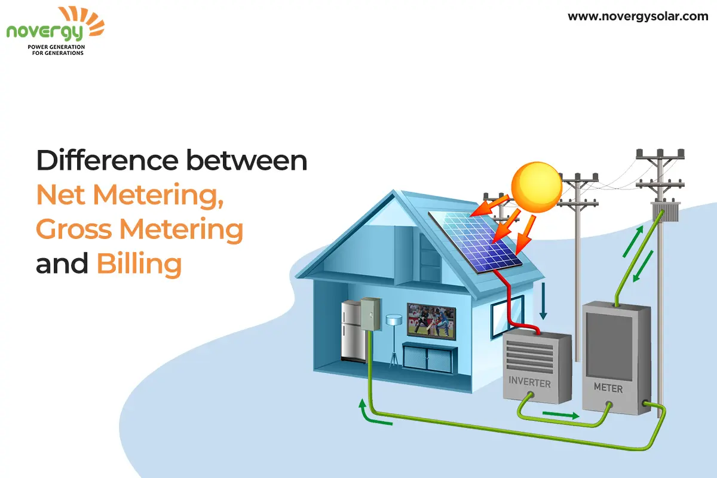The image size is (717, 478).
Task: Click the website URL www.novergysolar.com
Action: [638, 17]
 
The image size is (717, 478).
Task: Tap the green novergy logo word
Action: [44, 32]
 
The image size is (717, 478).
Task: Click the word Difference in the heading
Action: [107, 160]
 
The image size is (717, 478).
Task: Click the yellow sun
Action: [537, 187]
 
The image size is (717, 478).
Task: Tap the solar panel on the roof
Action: [475, 243]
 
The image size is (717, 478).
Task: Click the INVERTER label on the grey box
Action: [530, 382]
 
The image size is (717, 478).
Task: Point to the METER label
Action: [608, 388]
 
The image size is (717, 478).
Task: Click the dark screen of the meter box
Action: [609, 347]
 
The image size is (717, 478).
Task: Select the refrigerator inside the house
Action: [353, 332]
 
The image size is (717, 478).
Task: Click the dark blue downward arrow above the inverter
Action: [543, 301]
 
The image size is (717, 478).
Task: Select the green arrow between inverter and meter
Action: [561, 415]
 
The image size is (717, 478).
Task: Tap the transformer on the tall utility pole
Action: [666, 212]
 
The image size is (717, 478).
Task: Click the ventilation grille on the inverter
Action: [530, 357]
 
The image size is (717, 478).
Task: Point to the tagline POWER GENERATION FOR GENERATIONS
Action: [57, 50]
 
